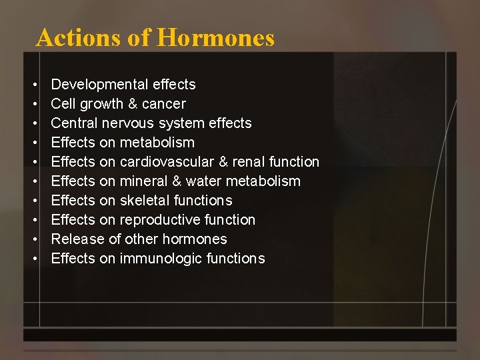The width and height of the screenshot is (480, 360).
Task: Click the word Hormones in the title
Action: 215,37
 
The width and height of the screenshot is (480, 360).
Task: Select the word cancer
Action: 163,104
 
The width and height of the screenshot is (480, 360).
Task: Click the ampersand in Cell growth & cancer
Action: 132,104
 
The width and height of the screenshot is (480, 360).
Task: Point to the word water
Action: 204,181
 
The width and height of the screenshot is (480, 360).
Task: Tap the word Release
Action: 73,239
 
